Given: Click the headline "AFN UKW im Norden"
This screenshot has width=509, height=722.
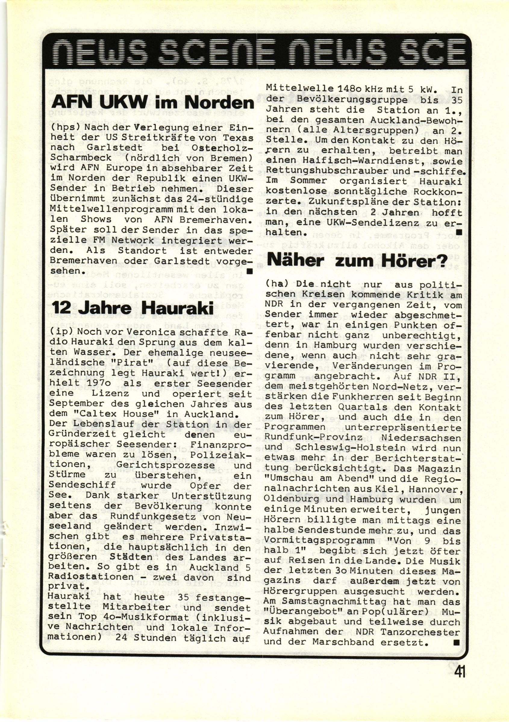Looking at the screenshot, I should point(152,102).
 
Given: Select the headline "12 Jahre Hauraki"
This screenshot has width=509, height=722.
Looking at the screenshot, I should point(133,307).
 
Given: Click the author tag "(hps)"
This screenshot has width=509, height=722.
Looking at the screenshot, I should point(63,127).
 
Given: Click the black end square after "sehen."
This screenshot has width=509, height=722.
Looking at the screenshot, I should point(250,271).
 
